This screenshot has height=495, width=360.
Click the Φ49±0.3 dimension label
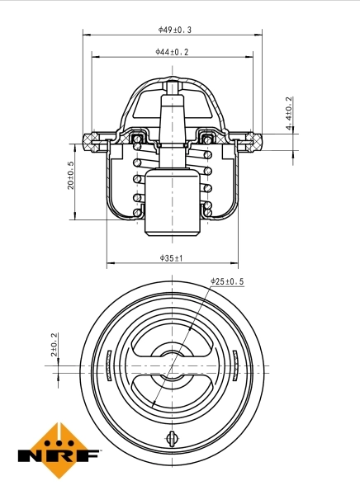(174, 29)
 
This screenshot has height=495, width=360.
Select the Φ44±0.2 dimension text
(172, 51)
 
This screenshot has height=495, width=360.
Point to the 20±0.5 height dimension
(71, 175)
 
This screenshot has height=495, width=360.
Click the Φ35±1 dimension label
(171, 258)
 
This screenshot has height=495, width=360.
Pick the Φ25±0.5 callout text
(227, 281)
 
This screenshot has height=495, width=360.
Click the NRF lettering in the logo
(59, 455)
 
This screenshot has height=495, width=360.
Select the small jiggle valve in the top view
(172, 439)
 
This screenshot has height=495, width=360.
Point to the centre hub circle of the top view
(172, 368)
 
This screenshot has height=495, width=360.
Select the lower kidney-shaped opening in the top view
(172, 394)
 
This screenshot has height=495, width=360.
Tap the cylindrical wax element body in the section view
(173, 202)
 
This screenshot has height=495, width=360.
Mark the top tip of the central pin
(173, 84)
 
